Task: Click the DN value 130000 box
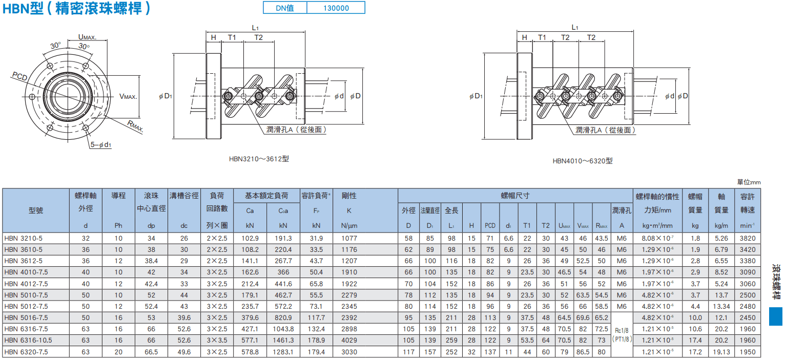[336, 8]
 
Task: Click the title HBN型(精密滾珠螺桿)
[76, 8]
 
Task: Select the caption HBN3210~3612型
[259, 159]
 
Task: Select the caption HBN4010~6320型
[583, 161]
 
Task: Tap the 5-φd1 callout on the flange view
[100, 144]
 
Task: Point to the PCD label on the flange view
[19, 76]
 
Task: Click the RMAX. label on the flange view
[135, 126]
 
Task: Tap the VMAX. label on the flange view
[128, 97]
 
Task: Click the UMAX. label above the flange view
[87, 37]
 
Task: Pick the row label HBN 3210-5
[24, 239]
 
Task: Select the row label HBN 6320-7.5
[26, 352]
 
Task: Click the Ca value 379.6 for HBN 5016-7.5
[250, 317]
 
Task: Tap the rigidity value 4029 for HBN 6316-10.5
[349, 341]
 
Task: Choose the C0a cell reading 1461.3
[283, 341]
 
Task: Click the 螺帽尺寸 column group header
[515, 196]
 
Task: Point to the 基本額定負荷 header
[266, 196]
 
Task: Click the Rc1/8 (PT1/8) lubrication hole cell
[622, 335]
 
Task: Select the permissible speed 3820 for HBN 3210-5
[748, 239]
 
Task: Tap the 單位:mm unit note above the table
[749, 182]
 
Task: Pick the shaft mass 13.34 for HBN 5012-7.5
[721, 306]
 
